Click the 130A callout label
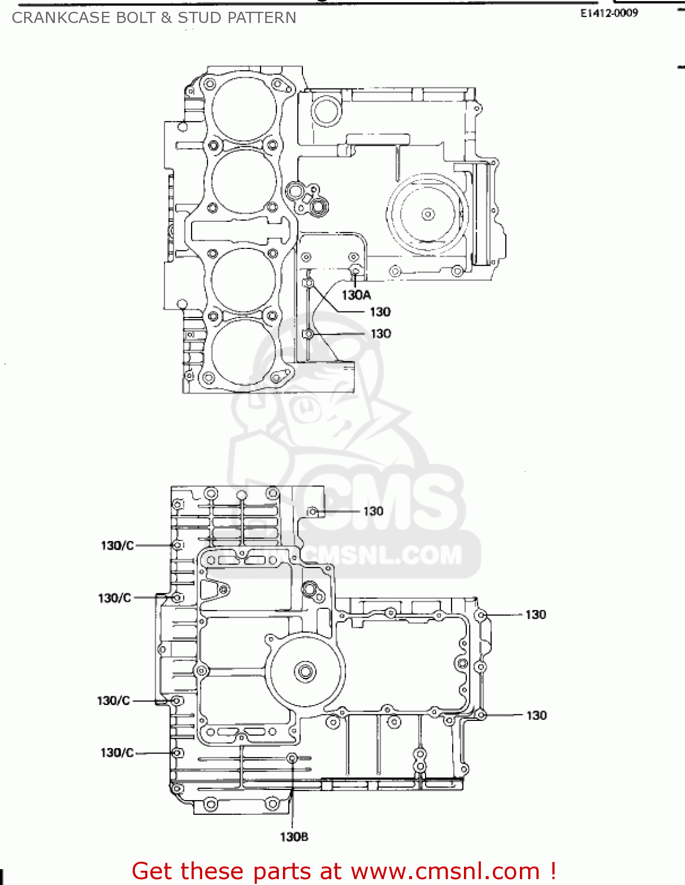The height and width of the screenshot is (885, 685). [x=356, y=294]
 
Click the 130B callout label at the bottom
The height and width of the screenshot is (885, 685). [x=294, y=836]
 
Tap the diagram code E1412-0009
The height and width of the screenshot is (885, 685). [x=609, y=13]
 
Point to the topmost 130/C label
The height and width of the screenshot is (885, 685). [x=117, y=545]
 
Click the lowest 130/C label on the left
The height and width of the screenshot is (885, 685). [x=117, y=752]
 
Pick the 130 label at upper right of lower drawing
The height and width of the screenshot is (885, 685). [x=535, y=615]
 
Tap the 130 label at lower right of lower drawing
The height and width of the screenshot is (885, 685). [x=536, y=715]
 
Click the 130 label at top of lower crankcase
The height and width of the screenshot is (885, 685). [x=373, y=511]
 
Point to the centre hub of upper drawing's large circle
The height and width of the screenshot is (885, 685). [x=428, y=214]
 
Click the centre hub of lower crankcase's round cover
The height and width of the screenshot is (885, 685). [x=305, y=671]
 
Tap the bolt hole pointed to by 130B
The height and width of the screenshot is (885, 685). [x=292, y=758]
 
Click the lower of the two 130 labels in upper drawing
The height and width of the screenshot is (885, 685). [x=380, y=333]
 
